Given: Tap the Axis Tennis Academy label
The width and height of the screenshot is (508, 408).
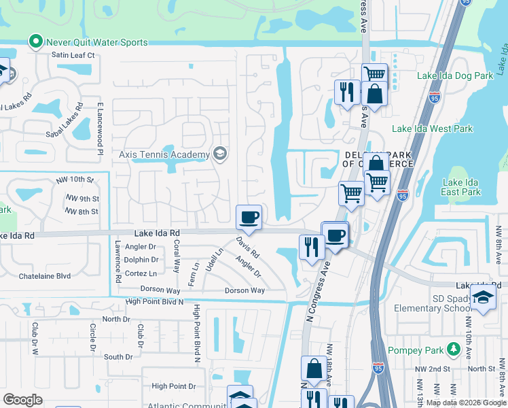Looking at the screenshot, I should coord(164,154).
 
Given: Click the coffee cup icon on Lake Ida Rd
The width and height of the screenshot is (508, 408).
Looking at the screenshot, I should coord(249,217).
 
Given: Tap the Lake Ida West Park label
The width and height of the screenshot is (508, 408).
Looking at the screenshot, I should coord(432,129).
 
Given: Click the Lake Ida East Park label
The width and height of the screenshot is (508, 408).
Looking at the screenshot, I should coord(461,187).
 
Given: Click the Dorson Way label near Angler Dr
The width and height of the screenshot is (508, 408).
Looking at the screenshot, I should coord(244,290).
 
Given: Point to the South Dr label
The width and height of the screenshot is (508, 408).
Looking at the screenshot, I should coord(118,356).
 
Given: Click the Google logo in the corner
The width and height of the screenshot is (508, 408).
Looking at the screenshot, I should coord(23,400).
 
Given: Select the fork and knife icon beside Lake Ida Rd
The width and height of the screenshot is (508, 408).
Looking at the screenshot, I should coord(312,247).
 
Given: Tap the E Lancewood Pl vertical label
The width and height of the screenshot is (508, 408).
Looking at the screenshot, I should coord(99,129).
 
